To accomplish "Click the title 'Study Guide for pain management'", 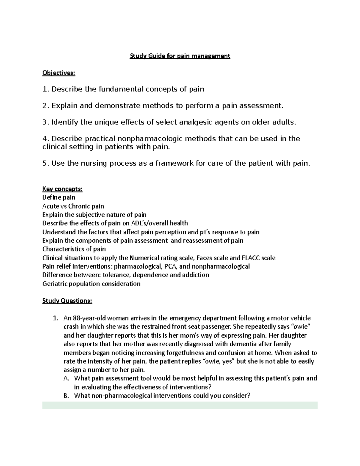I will click(180, 56).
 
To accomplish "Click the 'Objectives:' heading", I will click(59, 73).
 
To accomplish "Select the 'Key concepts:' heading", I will click(62, 189).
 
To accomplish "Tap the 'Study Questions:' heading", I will click(67, 301).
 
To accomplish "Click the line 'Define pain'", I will click(59, 197).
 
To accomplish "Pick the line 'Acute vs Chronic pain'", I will click(73, 206).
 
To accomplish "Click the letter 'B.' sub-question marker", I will click(67, 395).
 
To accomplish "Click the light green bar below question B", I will click(180, 405).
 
